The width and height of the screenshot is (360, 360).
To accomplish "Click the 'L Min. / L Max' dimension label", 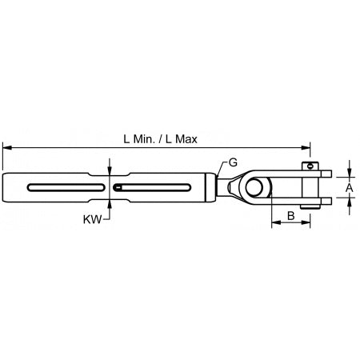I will tap(161, 138).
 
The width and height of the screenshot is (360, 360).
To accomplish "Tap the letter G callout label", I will tap(233, 162).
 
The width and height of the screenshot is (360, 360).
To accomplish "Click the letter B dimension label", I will tap(291, 216).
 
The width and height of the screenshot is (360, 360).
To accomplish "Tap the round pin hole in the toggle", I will tap(254, 187).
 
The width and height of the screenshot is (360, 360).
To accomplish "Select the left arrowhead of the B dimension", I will tap(274, 226).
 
